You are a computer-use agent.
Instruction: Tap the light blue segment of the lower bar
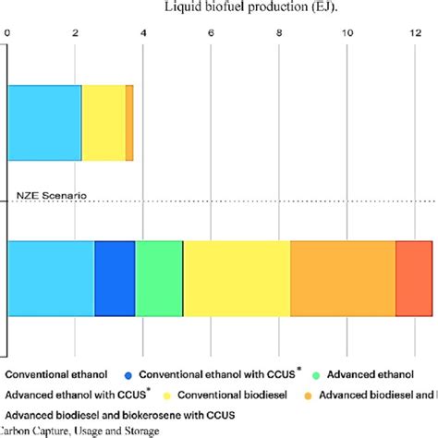[x=51, y=278]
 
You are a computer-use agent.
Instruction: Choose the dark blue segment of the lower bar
[x=115, y=278]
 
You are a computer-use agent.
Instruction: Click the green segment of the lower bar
[x=159, y=278]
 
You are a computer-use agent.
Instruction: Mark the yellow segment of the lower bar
[x=237, y=278]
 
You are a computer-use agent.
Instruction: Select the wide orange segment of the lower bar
[x=343, y=278]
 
